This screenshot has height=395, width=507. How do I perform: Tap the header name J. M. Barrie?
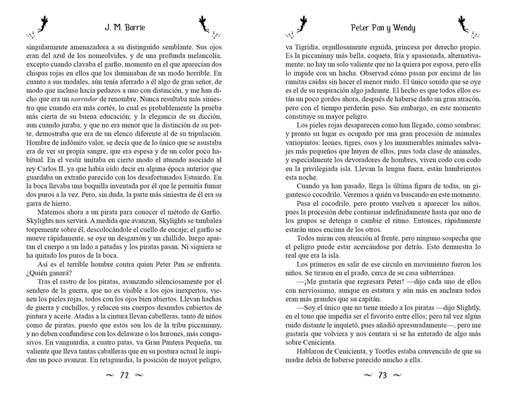click(x=122, y=29)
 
